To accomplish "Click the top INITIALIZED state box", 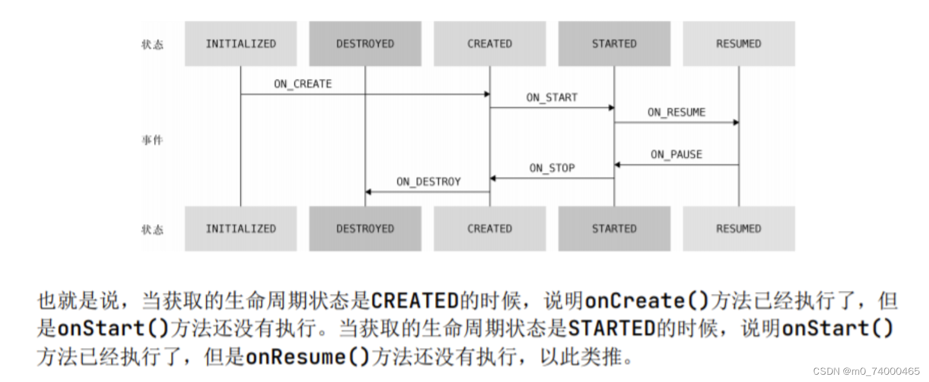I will coord(240,44).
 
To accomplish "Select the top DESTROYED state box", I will coord(365,44).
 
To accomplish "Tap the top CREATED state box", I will coord(489,44).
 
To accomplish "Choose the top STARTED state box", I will coord(614,44).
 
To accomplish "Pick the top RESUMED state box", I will coord(738,44).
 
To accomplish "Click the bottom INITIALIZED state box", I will coord(240,228).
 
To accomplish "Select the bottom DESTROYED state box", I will coord(365,228).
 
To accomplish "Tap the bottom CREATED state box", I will coord(489,228).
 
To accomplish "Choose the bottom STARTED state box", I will coord(614,228).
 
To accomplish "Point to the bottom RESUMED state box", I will coord(738,228).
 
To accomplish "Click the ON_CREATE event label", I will coord(303,84).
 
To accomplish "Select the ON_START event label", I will coord(552,97).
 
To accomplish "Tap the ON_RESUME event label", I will coord(676,112).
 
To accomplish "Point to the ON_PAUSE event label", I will coord(676,154).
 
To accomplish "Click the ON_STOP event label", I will coord(552,168).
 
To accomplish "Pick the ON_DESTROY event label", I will coord(428,182).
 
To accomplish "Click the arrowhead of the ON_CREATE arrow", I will coord(487,94).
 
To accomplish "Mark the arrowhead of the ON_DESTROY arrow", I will coord(368,192).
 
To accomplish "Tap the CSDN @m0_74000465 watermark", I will coord(866,371).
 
